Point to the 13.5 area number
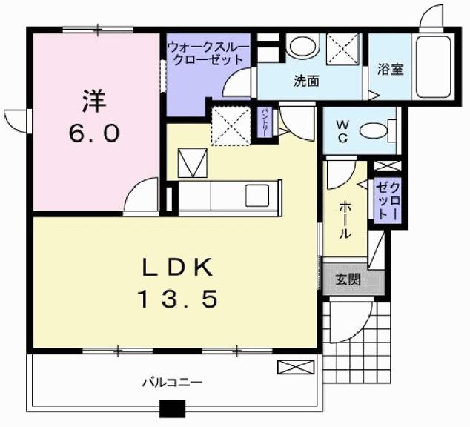click(177, 299)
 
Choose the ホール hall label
click(345, 221)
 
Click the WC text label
click(343, 131)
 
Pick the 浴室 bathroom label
click(390, 70)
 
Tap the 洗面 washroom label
click(305, 80)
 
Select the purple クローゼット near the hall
click(387, 199)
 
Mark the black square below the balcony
click(173, 408)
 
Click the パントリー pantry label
click(265, 122)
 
